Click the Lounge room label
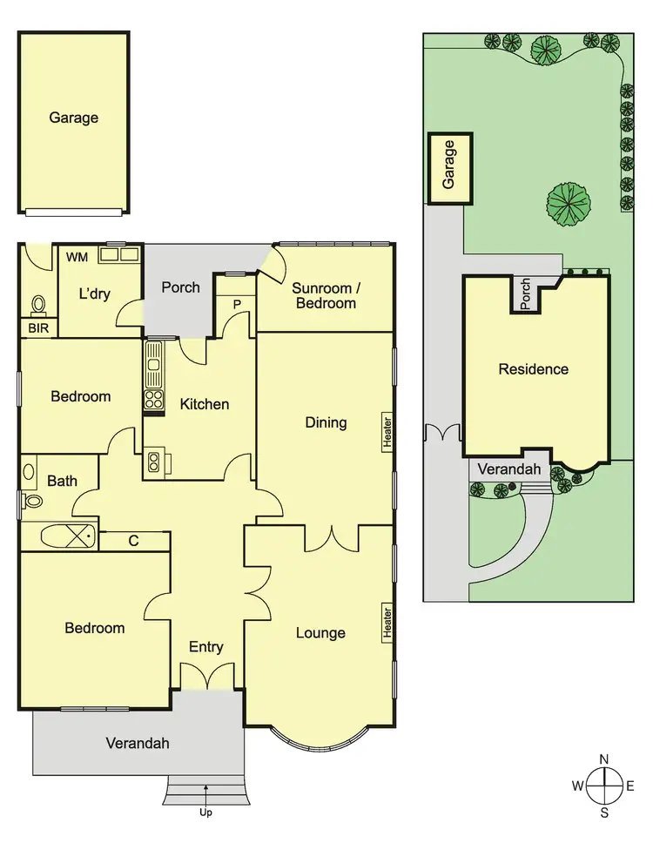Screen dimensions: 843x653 (320, 633)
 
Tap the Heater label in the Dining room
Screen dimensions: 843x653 (387, 433)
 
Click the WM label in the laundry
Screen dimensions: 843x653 (77, 256)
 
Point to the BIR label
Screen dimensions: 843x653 (38, 328)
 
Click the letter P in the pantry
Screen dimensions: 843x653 (236, 303)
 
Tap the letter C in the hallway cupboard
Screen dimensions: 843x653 (133, 541)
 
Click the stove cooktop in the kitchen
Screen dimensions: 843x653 (154, 400)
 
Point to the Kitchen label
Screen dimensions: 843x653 (205, 404)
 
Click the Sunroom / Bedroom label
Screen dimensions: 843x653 (324, 295)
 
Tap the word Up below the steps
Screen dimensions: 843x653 (205, 813)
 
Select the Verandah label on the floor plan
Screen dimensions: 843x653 (138, 744)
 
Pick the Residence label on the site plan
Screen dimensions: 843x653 (533, 369)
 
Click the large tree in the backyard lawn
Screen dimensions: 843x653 (569, 202)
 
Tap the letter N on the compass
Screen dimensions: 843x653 (603, 758)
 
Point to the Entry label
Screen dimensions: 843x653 (206, 647)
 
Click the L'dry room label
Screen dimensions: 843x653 (94, 294)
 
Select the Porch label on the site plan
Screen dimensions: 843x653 (525, 294)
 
